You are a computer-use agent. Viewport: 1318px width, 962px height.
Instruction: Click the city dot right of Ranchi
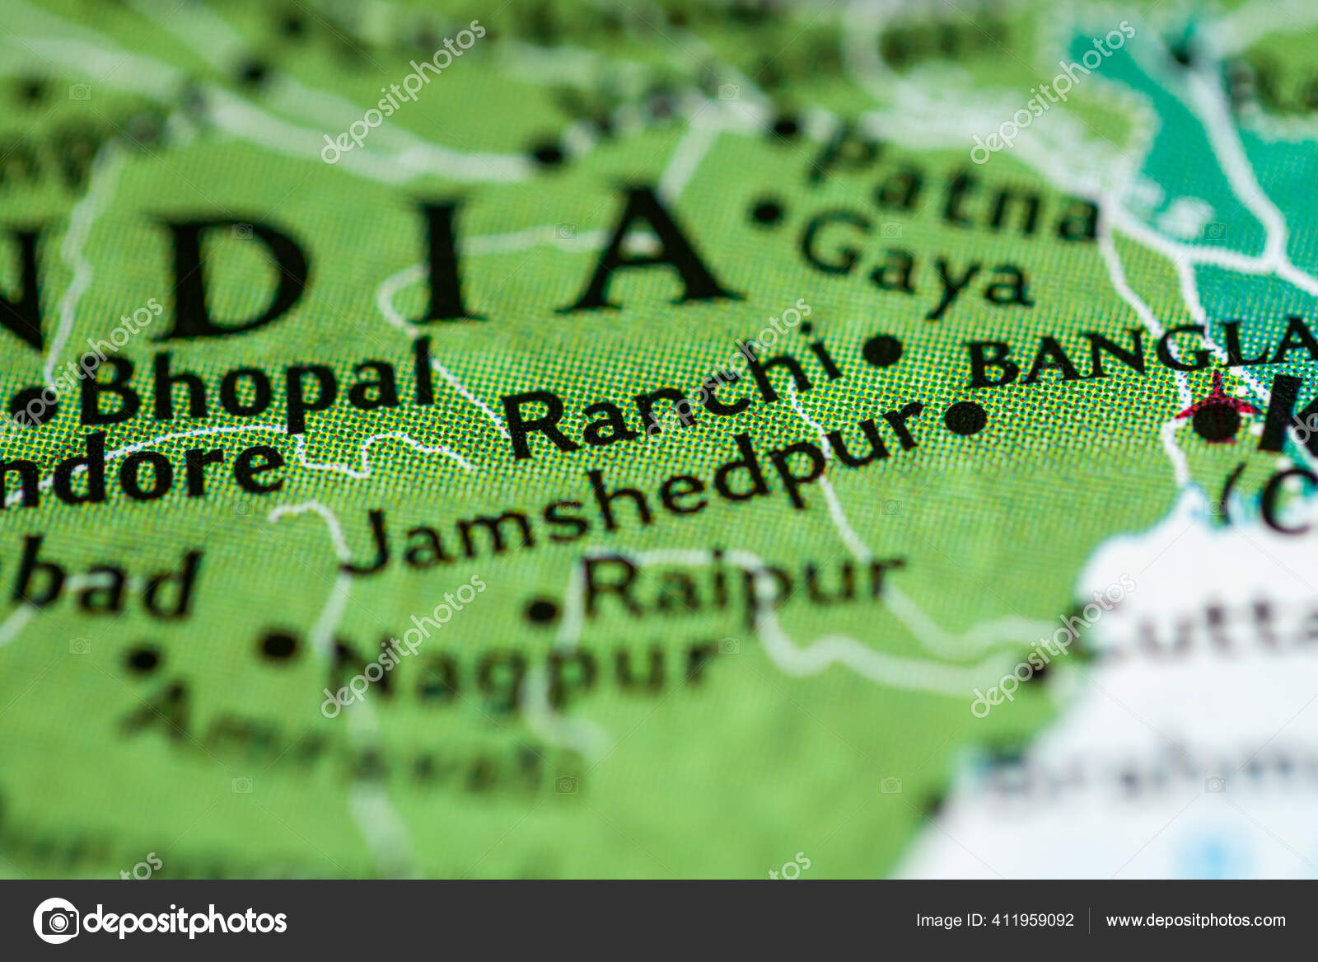click(882, 350)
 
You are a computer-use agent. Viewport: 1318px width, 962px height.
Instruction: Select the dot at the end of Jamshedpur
click(965, 418)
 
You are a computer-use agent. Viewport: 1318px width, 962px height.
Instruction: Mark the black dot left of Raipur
click(541, 611)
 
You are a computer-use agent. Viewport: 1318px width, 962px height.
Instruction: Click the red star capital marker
click(1218, 413)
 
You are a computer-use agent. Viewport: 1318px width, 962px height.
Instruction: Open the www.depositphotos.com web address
click(1195, 920)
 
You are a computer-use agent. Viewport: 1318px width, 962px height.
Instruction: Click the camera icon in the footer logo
click(57, 920)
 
